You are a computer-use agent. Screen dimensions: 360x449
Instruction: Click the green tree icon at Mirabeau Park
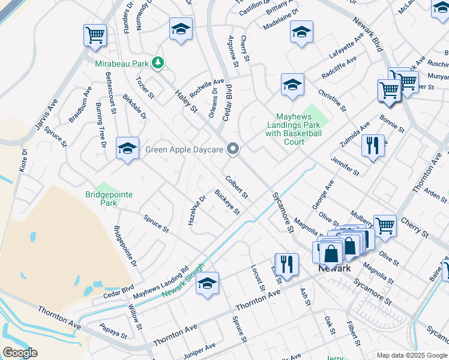click(x=157, y=62)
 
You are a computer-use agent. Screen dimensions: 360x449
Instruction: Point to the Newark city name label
click(x=334, y=268)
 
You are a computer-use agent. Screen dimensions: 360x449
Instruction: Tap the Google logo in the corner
click(x=20, y=353)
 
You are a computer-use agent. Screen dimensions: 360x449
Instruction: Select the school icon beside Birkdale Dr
click(x=127, y=148)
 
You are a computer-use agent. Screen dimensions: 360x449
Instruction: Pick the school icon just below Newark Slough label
click(x=207, y=283)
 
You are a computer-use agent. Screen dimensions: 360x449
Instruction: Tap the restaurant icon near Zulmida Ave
click(x=373, y=145)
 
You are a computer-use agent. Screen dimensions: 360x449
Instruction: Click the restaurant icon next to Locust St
click(x=286, y=264)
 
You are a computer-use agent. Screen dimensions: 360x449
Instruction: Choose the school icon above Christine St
click(x=292, y=85)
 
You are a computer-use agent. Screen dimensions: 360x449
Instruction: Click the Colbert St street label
click(x=236, y=187)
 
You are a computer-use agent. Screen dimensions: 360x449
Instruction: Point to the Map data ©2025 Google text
click(x=411, y=355)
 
